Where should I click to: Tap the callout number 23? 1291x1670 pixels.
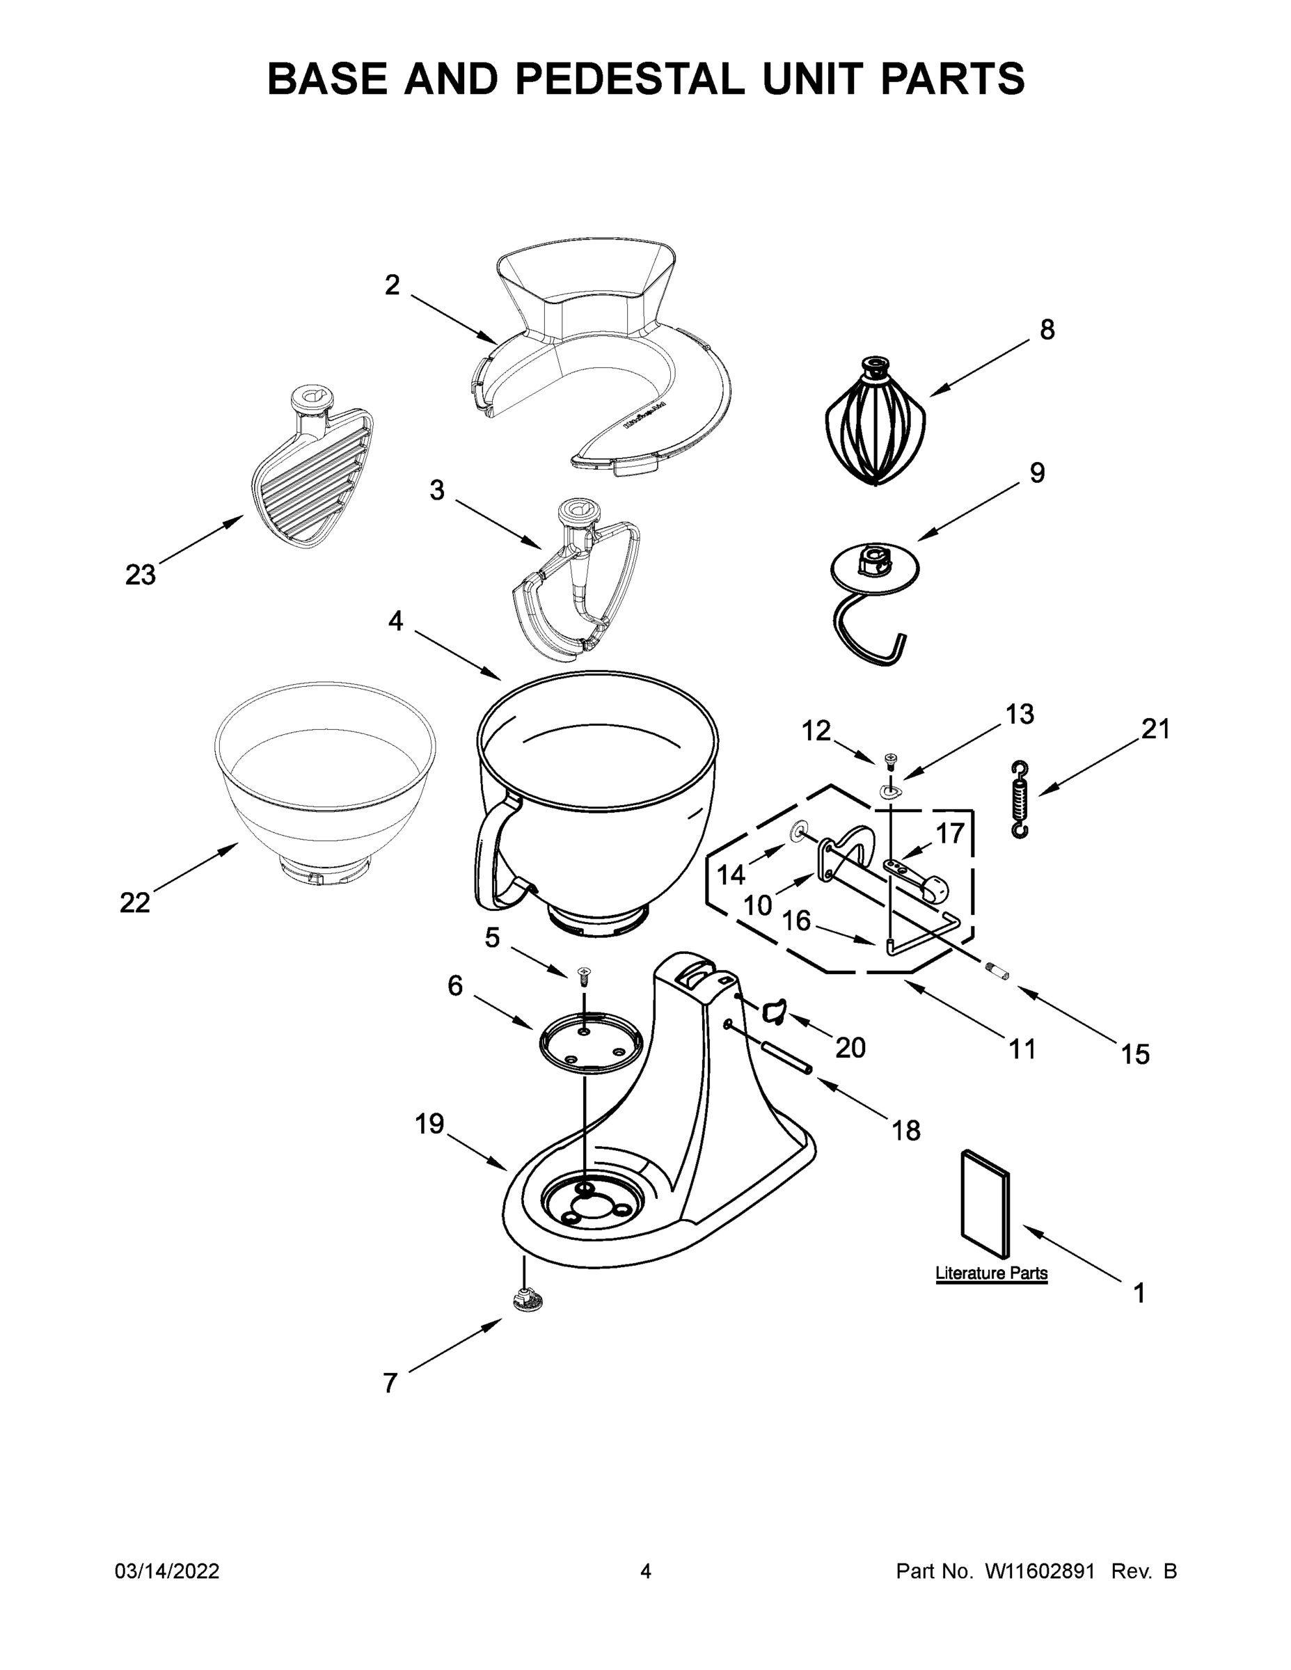140,575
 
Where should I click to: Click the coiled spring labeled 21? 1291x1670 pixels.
1020,800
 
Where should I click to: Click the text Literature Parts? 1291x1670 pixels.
991,1273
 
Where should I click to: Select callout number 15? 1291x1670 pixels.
1135,1054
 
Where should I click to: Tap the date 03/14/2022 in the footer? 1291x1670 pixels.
167,1571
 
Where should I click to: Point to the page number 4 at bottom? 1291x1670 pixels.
646,1571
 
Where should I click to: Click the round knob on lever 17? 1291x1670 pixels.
936,889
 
